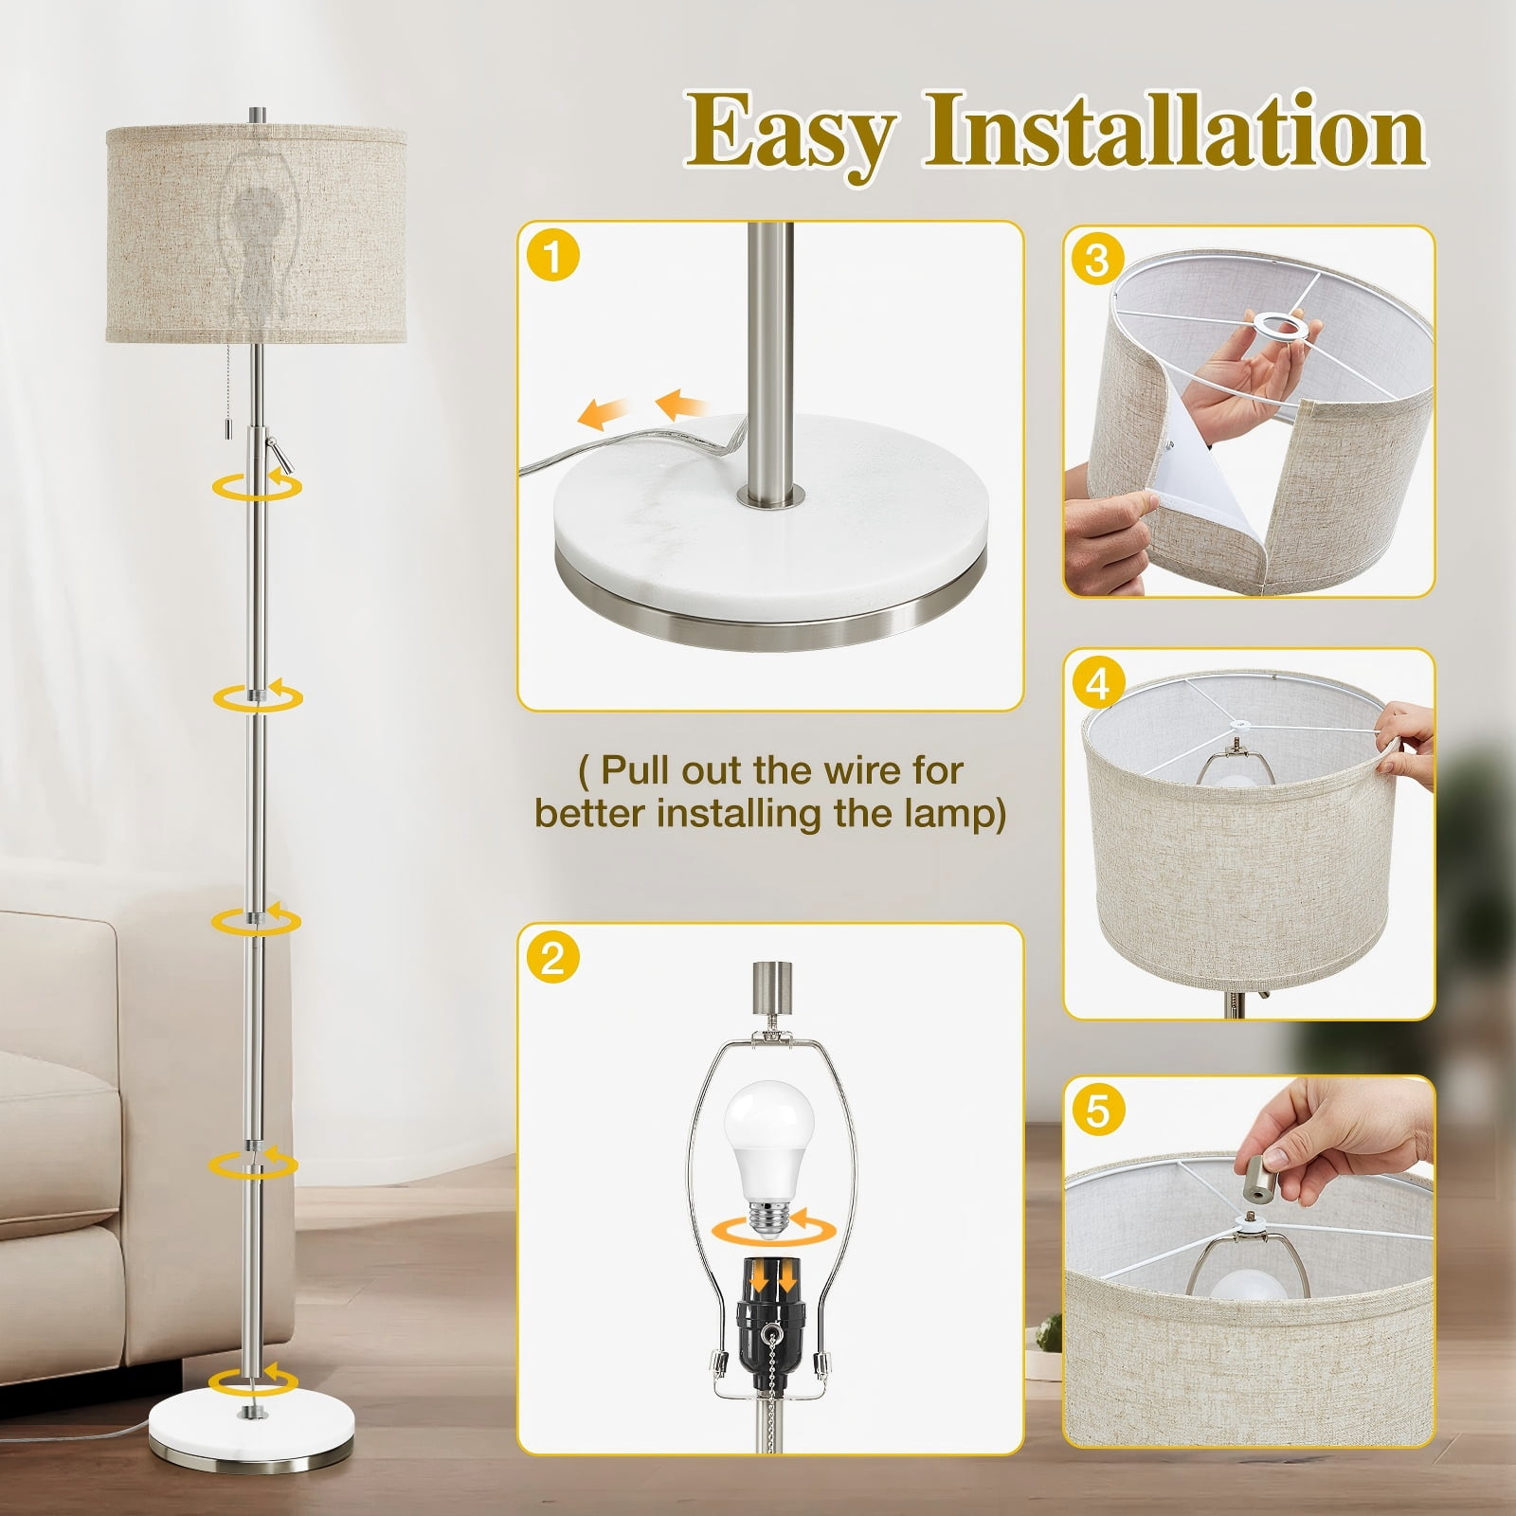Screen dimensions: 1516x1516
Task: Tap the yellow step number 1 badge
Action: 552,256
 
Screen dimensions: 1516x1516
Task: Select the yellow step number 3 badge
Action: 1096,259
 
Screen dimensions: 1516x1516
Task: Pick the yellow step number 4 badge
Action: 1096,683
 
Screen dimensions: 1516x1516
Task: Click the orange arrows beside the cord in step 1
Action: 645,407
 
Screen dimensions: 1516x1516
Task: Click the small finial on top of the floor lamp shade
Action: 257,115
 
